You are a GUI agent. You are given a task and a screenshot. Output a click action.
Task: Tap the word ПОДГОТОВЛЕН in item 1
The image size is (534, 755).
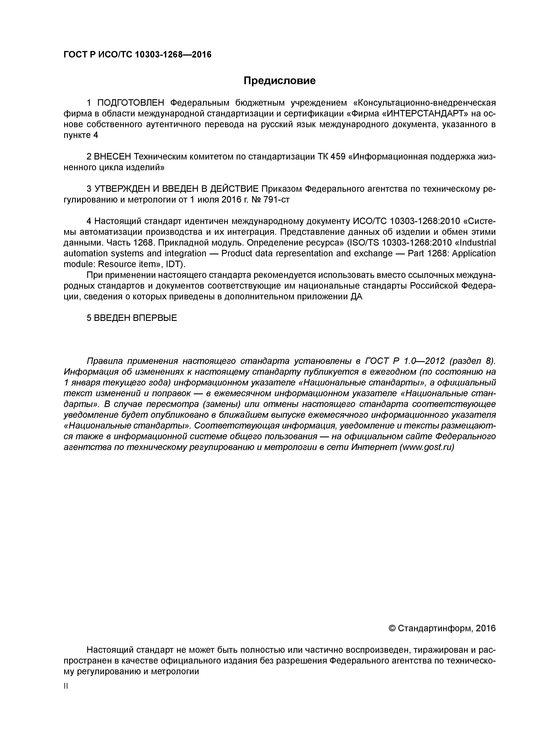130,103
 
